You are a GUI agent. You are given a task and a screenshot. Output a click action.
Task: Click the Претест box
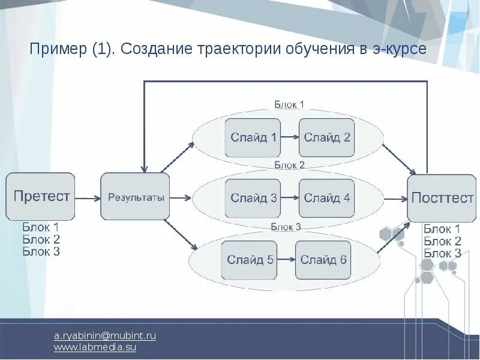(41, 196)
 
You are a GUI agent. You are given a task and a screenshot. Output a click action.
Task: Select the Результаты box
(135, 197)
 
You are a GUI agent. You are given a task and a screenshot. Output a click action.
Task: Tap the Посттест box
(442, 198)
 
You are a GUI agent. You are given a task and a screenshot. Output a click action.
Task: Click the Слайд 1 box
(253, 137)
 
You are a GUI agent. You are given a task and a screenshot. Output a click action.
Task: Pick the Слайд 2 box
(326, 137)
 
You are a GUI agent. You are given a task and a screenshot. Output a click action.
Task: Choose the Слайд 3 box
(253, 198)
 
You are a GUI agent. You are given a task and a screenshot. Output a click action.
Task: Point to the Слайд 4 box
(326, 198)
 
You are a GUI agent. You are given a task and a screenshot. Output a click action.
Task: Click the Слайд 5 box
(250, 260)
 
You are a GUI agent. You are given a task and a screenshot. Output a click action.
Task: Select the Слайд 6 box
(323, 260)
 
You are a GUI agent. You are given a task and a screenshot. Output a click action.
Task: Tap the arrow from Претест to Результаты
(88, 197)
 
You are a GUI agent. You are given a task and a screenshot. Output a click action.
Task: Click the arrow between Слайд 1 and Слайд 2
(290, 137)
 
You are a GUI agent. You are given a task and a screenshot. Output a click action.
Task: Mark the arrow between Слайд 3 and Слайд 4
(290, 198)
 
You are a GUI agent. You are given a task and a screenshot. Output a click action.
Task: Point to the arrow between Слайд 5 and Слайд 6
(286, 260)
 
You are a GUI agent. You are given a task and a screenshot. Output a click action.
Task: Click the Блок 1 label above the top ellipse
(289, 104)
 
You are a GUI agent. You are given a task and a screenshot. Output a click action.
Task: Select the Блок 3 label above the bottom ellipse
(286, 227)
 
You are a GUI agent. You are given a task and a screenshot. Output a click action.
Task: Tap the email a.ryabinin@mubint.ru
(105, 335)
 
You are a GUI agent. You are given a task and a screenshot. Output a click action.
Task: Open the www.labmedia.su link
(95, 347)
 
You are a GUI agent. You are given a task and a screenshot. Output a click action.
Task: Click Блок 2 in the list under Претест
(41, 239)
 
